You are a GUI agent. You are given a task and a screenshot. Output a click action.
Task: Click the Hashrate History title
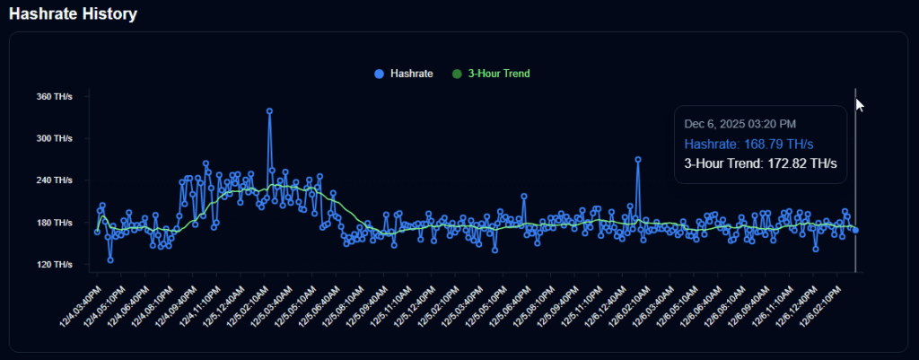point(74,13)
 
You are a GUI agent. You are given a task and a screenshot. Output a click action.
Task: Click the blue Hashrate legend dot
point(378,73)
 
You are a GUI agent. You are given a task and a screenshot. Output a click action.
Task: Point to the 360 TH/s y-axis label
point(54,96)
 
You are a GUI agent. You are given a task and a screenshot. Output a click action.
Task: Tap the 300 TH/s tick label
point(54,138)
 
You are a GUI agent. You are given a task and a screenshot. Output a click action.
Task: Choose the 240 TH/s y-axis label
point(54,180)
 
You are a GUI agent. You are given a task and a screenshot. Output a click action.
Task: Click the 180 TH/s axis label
point(54,223)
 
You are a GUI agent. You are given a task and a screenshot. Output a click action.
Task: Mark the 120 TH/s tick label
point(54,265)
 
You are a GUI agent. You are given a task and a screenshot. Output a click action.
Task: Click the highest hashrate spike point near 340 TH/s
point(269,111)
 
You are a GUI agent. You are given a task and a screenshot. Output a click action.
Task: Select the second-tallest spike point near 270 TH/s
point(638,159)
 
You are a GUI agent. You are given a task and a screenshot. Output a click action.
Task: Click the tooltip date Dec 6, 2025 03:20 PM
point(740,124)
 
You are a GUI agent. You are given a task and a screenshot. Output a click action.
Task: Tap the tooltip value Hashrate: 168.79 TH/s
point(748,144)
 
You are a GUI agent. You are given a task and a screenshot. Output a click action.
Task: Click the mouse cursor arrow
point(860,105)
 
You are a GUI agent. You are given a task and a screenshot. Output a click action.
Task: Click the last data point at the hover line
point(855,231)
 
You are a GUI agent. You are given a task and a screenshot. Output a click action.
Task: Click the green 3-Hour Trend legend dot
point(456,73)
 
